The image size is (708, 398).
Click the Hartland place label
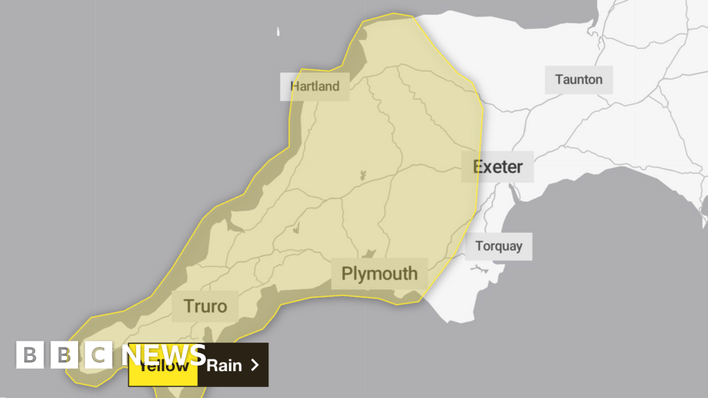(315, 86)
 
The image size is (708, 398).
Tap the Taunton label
(579, 79)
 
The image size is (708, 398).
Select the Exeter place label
(498, 167)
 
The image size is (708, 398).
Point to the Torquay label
(499, 246)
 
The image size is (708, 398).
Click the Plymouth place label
(380, 274)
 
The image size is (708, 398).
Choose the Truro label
(205, 305)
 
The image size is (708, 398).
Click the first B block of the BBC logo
(30, 355)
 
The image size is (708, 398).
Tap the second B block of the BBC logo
(64, 355)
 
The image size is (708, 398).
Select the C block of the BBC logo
(99, 355)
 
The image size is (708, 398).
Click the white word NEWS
(164, 355)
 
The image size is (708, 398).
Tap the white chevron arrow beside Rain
(254, 365)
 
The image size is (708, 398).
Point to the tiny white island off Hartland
(279, 32)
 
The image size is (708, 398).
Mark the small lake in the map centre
(362, 176)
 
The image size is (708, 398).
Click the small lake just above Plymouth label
(370, 254)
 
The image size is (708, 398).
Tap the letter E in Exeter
(478, 167)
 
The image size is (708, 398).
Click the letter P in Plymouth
(347, 274)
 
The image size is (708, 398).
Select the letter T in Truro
(188, 305)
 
